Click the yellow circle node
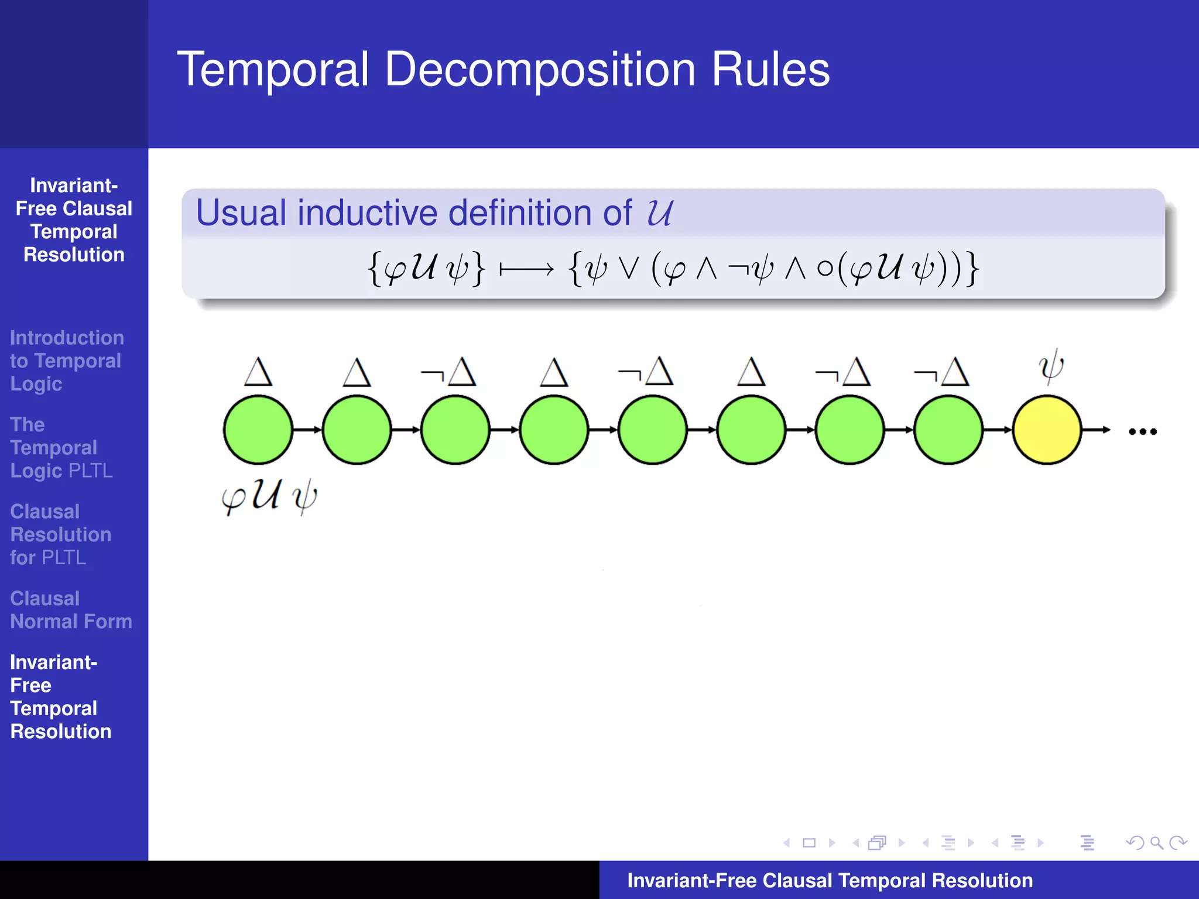[1047, 430]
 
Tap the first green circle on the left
[258, 430]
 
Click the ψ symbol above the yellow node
[1051, 368]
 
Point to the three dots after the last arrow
[1142, 432]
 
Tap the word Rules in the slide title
[770, 70]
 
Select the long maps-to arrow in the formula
[526, 270]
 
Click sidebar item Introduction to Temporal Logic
[66, 361]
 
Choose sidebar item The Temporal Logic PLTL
[61, 448]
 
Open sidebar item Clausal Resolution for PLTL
[60, 534]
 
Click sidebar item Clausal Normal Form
[70, 610]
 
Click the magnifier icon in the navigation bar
[1156, 843]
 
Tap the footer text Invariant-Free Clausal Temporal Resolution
[830, 880]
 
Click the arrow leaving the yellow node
[1096, 430]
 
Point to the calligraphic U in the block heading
[659, 212]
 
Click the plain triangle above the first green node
[258, 372]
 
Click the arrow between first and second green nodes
[307, 430]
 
